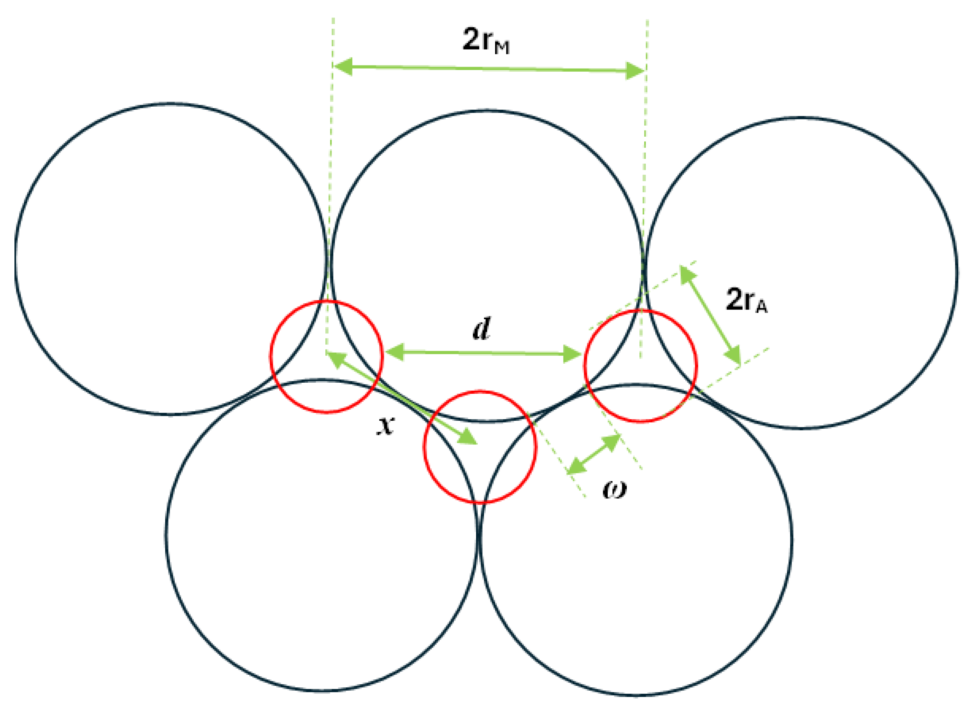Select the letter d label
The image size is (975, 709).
pyautogui.click(x=481, y=329)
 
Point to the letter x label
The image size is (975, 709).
pyautogui.click(x=385, y=426)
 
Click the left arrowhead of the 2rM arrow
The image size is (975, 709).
pyautogui.click(x=343, y=67)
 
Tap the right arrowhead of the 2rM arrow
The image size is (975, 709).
pyautogui.click(x=636, y=71)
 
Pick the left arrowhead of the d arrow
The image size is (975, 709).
pyautogui.click(x=393, y=352)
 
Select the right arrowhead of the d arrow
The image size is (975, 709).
pyautogui.click(x=573, y=354)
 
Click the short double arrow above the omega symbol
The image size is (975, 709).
pyautogui.click(x=594, y=455)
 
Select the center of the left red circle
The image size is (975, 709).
pyautogui.click(x=326, y=357)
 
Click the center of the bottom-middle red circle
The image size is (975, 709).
pyautogui.click(x=480, y=447)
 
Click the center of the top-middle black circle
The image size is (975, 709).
pyautogui.click(x=487, y=265)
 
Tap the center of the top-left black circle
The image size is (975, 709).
pyautogui.click(x=171, y=259)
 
